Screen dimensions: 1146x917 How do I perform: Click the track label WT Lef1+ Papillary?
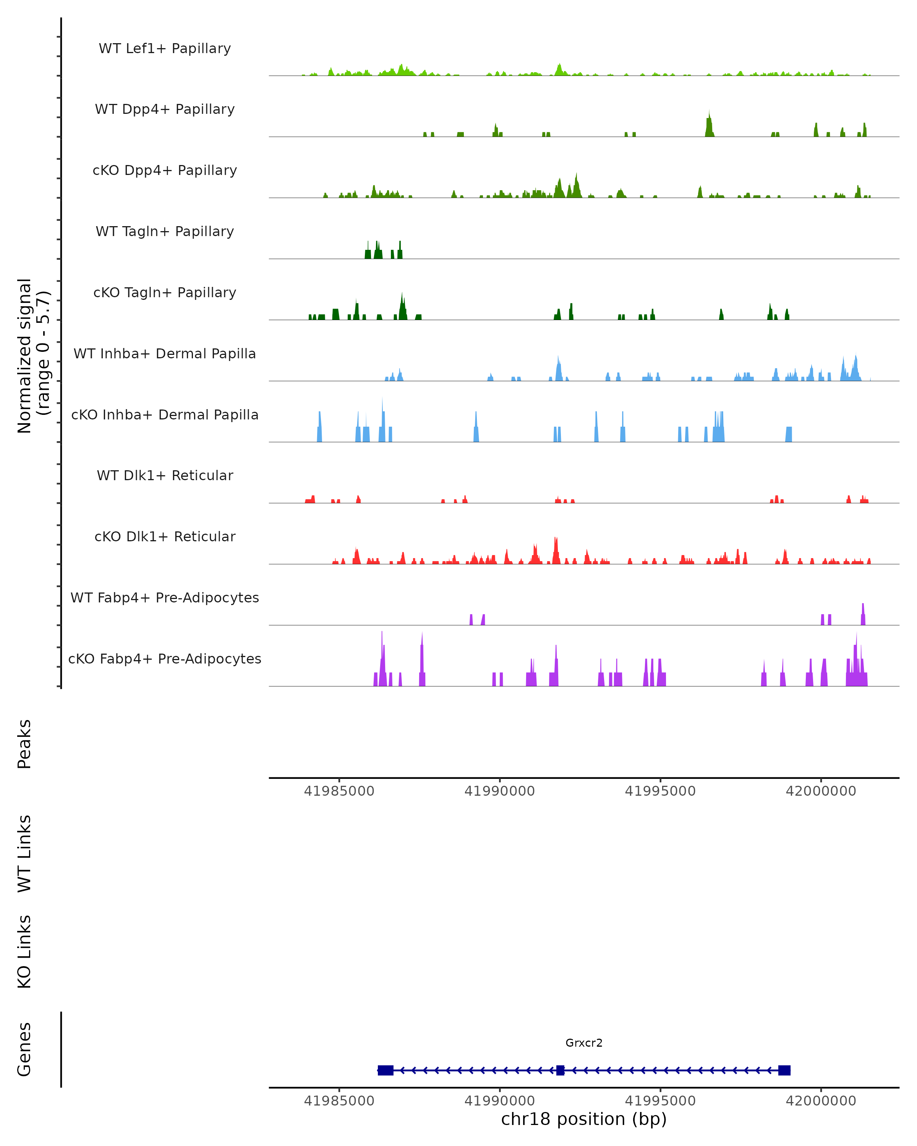point(165,49)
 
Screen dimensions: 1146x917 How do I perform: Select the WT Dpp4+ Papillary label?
point(165,110)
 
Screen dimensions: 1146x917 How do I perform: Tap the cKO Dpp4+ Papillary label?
point(165,171)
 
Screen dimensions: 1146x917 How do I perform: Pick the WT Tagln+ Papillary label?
point(165,232)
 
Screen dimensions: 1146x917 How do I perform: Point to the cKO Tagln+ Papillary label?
point(165,293)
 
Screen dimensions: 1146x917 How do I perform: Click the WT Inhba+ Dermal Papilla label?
point(165,354)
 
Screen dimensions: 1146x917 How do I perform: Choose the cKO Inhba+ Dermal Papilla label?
point(165,415)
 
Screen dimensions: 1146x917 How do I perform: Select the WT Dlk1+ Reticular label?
point(165,476)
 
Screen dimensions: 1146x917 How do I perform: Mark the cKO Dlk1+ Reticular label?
point(165,537)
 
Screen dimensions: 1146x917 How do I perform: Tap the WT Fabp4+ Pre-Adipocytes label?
point(165,598)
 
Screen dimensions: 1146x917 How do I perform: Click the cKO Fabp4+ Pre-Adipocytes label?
point(165,659)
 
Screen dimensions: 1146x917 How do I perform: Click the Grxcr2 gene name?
point(584,1043)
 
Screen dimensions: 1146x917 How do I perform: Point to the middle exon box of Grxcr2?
point(560,1070)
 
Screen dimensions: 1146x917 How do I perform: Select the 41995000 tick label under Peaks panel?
point(660,792)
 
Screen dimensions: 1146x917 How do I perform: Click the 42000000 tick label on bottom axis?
point(821,1101)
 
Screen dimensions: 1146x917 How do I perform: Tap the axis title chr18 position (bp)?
point(584,1119)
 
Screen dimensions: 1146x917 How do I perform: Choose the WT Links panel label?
point(24,854)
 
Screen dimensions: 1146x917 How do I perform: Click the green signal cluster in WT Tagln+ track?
point(383,251)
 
